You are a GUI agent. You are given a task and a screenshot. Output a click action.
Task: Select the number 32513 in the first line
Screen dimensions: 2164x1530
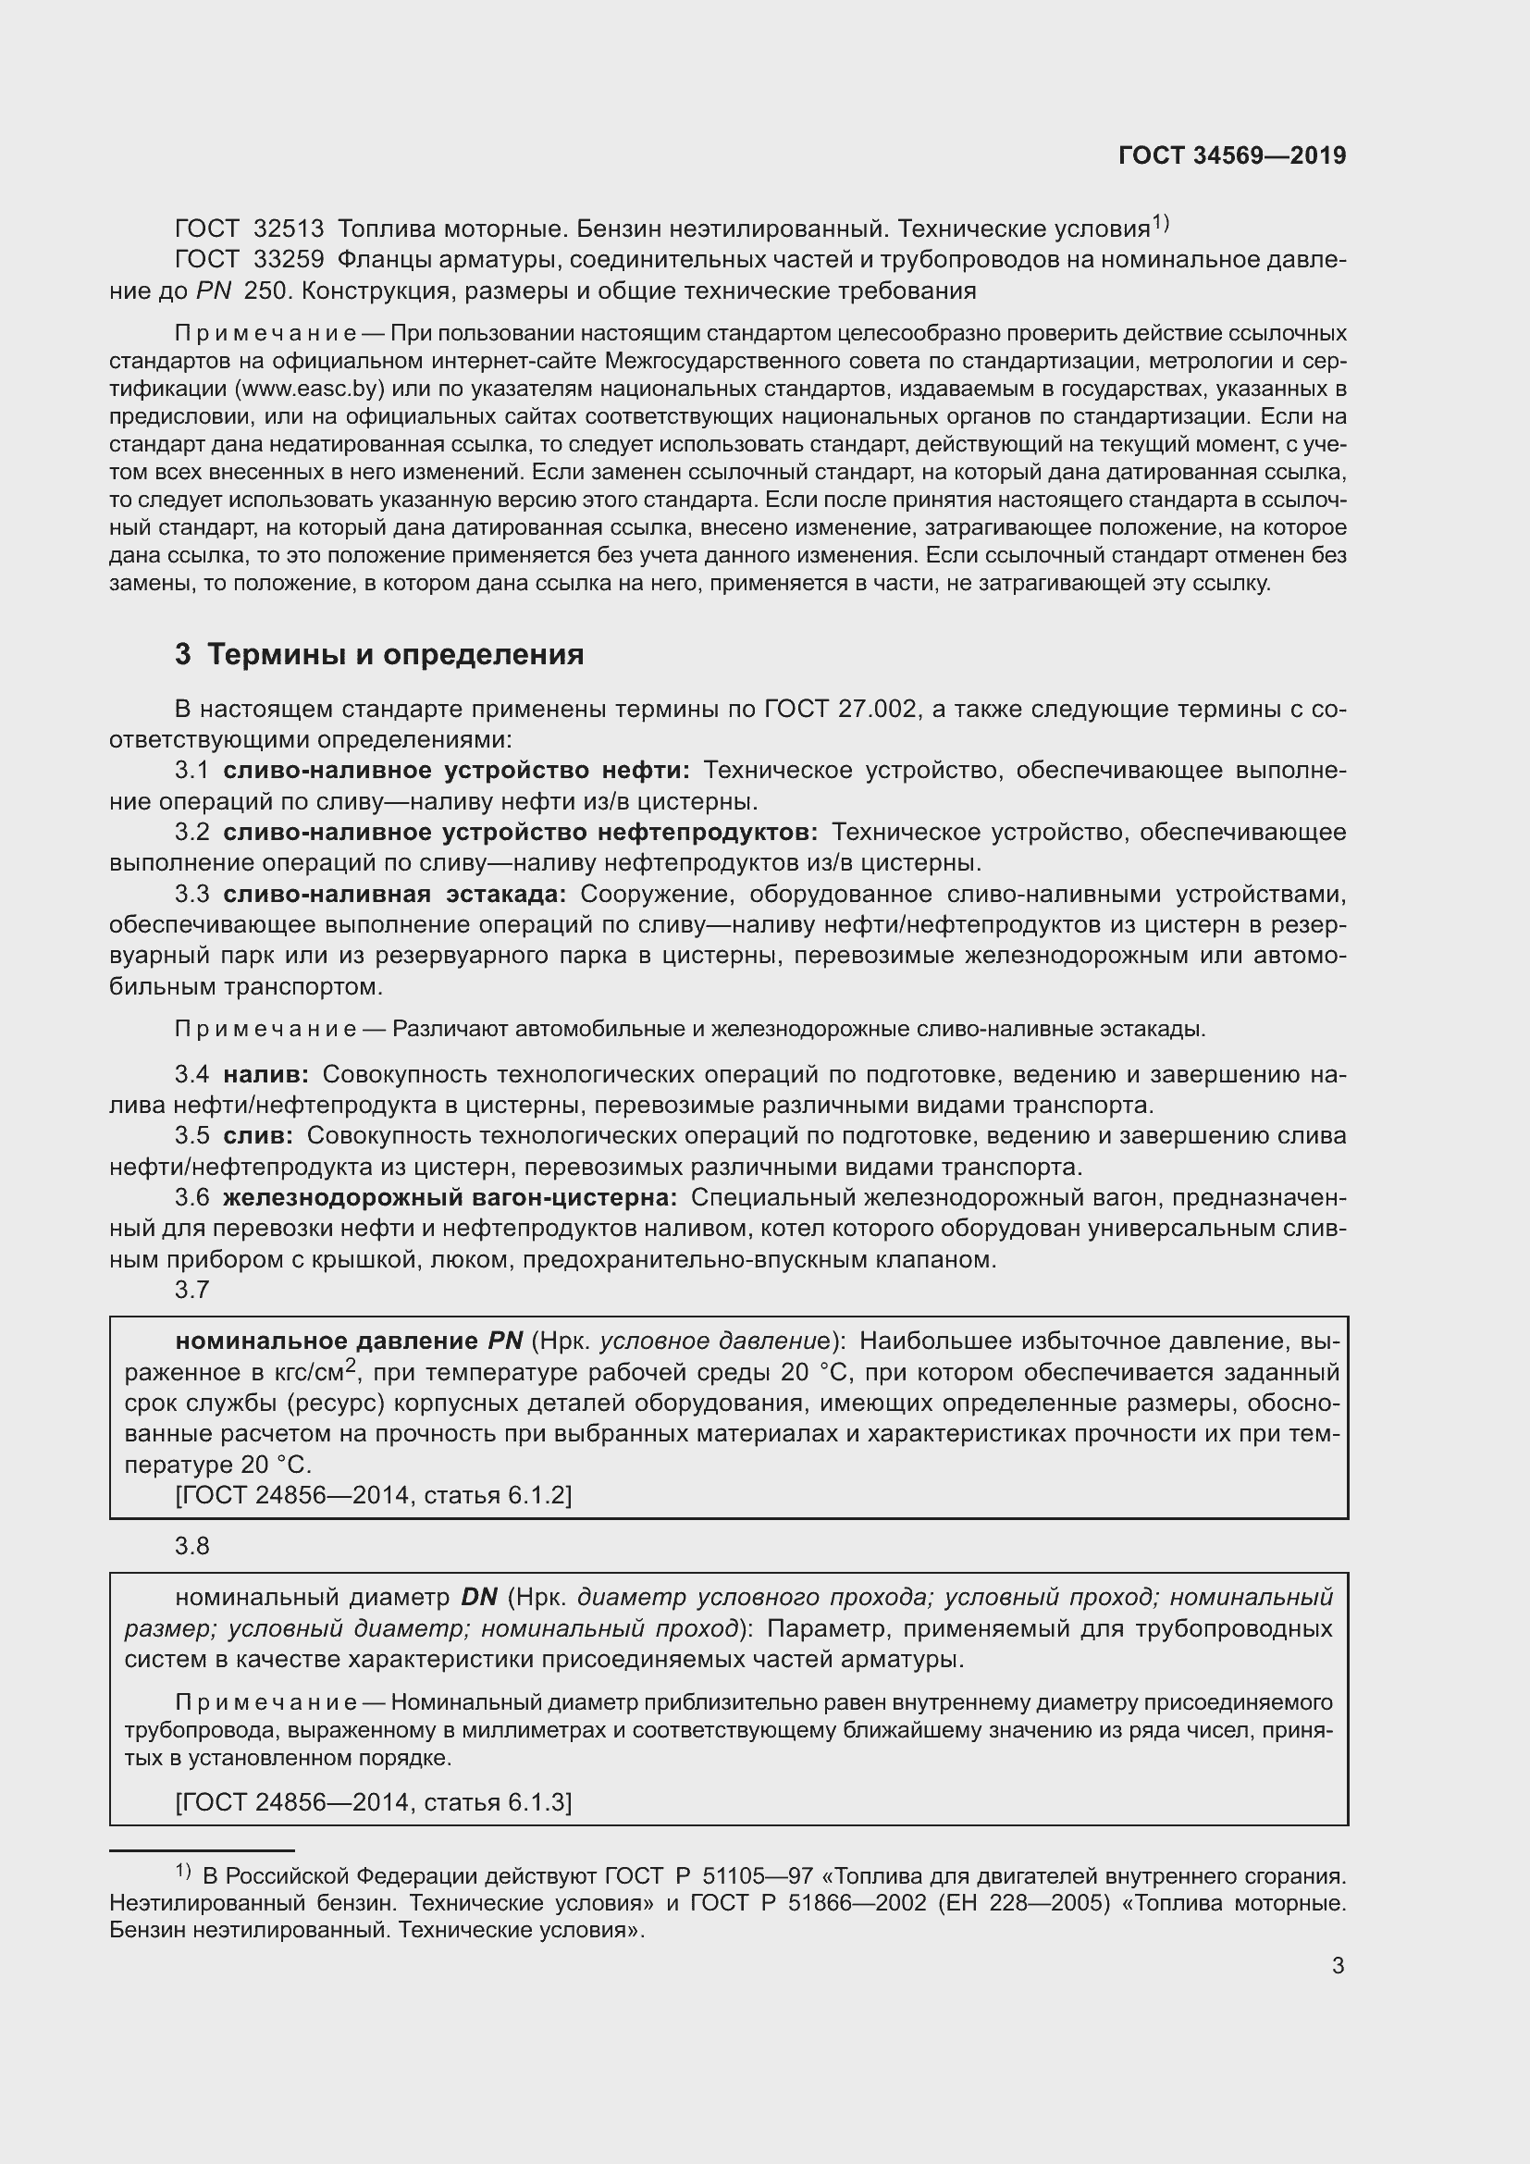coord(290,229)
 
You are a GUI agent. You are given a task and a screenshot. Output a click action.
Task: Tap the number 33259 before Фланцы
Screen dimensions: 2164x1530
coord(290,260)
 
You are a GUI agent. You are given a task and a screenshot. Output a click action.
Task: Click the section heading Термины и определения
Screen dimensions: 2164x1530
coord(395,654)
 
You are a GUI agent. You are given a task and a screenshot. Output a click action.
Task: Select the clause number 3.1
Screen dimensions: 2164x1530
coord(191,771)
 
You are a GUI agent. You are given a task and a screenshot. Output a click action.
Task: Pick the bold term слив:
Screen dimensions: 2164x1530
coord(258,1136)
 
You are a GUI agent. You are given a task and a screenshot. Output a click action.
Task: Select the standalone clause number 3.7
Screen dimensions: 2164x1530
coord(191,1291)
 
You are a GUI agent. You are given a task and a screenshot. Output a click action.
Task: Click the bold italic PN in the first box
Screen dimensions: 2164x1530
coord(505,1342)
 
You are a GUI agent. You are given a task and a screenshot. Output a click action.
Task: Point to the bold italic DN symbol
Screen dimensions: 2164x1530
coord(478,1598)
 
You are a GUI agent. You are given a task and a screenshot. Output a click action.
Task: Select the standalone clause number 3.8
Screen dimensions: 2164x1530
coord(191,1547)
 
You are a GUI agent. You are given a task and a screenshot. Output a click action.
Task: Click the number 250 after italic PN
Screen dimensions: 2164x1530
coord(264,291)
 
